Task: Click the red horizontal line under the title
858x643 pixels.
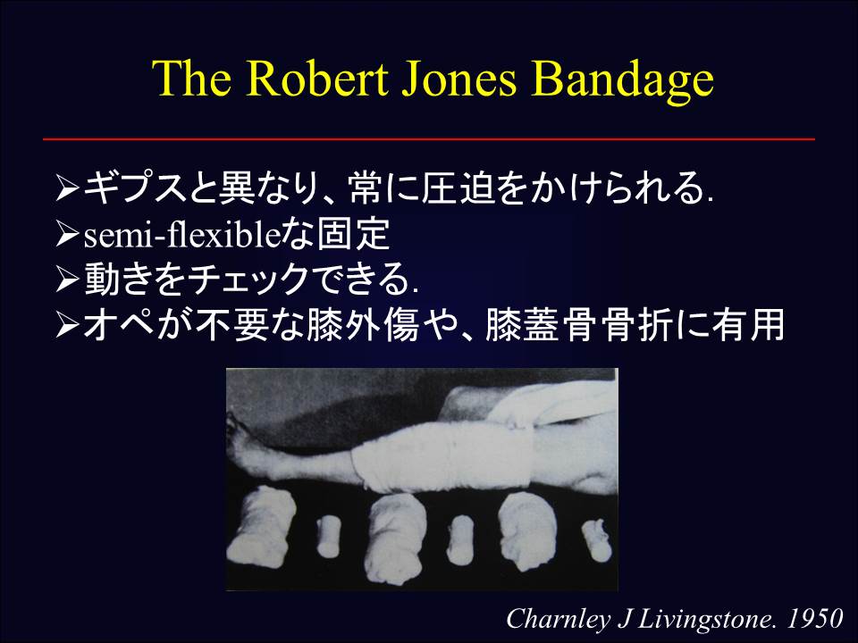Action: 429,139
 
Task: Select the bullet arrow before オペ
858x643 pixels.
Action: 68,328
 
